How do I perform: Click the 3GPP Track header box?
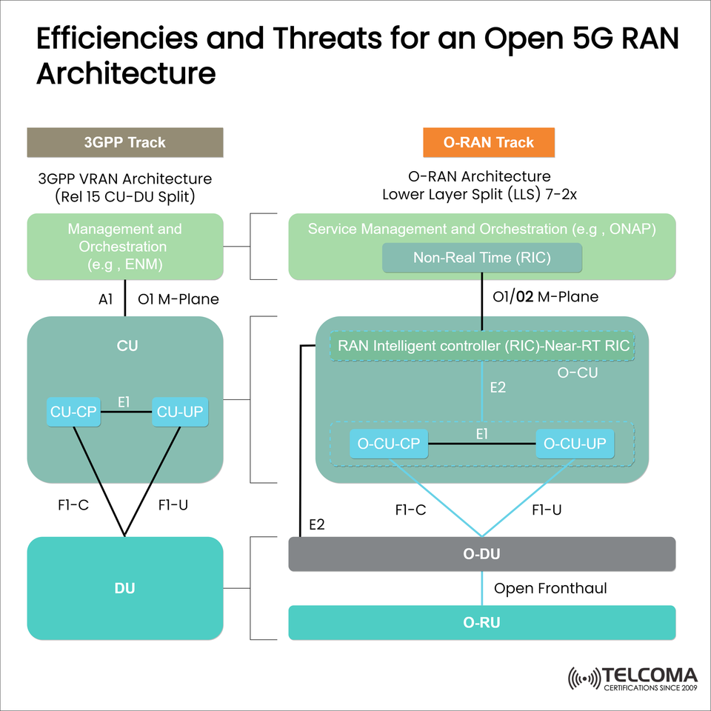tap(124, 142)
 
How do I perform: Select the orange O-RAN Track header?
tap(489, 142)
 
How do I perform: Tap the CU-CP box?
tap(73, 413)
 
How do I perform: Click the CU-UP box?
tap(179, 413)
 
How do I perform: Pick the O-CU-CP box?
tap(389, 444)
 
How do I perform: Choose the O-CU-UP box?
tap(575, 444)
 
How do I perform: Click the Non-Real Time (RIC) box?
tap(481, 258)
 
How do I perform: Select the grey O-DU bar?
tap(481, 554)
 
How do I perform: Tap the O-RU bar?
tap(481, 623)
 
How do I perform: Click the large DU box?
tap(124, 588)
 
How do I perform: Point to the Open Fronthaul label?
tap(550, 589)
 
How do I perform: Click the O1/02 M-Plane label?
tap(545, 297)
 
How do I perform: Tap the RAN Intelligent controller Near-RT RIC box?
tap(483, 345)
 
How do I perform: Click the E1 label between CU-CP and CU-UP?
tap(124, 401)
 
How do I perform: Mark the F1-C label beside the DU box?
tap(73, 505)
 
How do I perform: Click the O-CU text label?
tap(577, 373)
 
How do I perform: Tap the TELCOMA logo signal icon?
tap(584, 678)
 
